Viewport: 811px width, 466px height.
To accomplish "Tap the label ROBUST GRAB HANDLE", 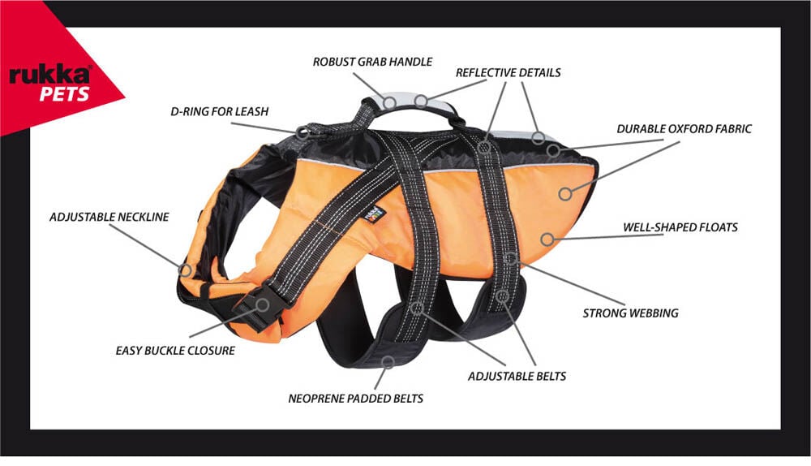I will (x=373, y=62).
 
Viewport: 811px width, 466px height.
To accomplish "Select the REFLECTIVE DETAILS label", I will (x=508, y=72).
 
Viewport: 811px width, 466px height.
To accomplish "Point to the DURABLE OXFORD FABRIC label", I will (x=684, y=128).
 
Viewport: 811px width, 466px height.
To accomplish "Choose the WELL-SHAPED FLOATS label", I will (x=680, y=227).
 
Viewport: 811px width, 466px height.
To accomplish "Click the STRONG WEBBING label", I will (x=631, y=313).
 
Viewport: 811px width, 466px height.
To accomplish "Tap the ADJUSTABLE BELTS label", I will (x=517, y=376).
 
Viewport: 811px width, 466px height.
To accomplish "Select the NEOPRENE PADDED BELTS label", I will (x=355, y=399).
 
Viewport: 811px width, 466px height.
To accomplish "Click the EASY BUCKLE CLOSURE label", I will (x=175, y=351).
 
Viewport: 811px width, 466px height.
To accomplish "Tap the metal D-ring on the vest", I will (x=303, y=132).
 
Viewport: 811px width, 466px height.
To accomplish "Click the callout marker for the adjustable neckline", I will (x=185, y=270).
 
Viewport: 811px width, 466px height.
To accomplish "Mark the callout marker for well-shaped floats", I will (x=547, y=239).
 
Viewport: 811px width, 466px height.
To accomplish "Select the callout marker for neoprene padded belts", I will (x=388, y=360).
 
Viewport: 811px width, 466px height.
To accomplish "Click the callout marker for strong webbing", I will (x=511, y=259).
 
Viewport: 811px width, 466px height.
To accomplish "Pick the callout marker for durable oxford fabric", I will (x=564, y=193).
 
